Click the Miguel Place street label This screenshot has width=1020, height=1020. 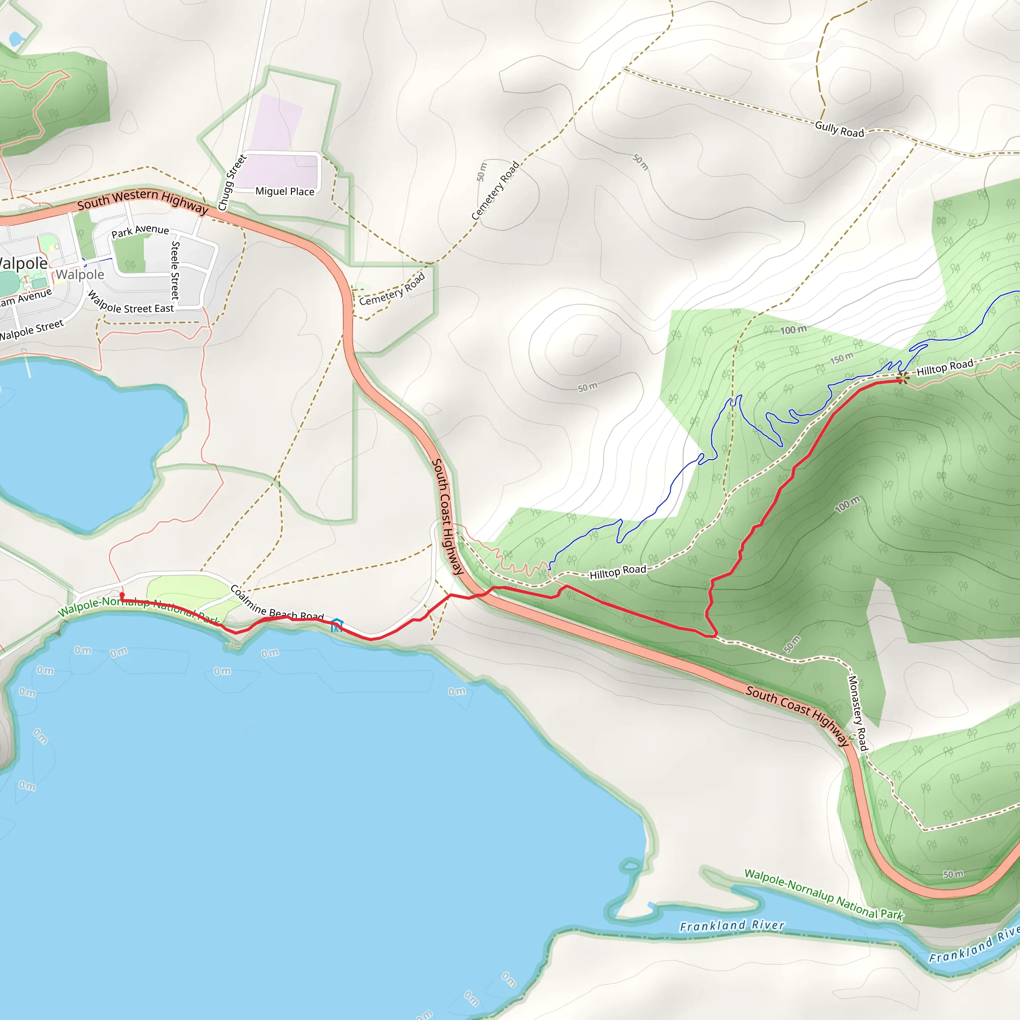click(284, 191)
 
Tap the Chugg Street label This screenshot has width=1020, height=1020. click(232, 183)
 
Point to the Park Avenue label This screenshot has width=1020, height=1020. click(140, 231)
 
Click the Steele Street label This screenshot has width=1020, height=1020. click(175, 270)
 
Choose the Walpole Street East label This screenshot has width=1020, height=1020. click(131, 304)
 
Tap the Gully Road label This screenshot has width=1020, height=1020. click(839, 129)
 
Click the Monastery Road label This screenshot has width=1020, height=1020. click(858, 713)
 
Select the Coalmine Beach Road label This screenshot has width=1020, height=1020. click(276, 604)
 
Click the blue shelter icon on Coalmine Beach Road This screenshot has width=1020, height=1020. click(337, 625)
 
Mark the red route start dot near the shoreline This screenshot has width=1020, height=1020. click(122, 595)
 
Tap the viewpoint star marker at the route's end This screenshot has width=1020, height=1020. click(903, 377)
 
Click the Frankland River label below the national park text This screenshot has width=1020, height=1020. click(732, 926)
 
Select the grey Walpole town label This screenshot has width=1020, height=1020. click(80, 274)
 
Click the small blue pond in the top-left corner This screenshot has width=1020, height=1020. click(16, 38)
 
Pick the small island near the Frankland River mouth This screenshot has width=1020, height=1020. click(631, 865)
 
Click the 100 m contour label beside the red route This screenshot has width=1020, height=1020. click(847, 504)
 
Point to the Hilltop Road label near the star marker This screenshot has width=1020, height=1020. click(944, 368)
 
